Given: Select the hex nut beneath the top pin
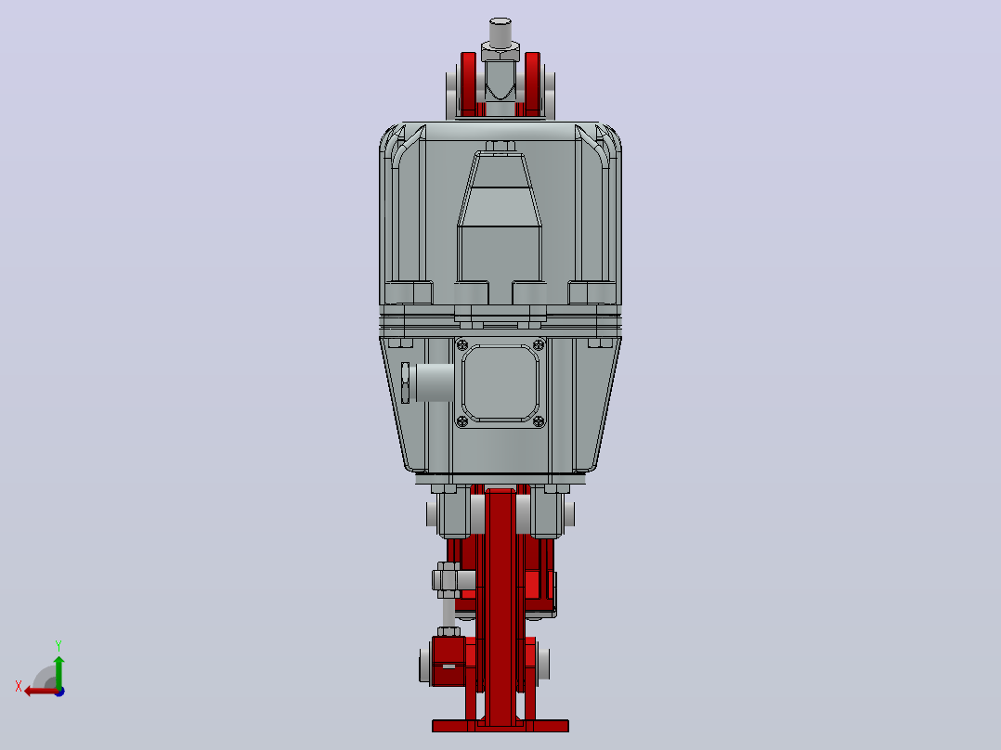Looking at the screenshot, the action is click(500, 51).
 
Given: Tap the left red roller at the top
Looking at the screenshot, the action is click(468, 84).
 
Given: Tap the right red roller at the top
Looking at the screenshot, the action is click(532, 84).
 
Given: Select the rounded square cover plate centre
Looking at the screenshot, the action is click(500, 383).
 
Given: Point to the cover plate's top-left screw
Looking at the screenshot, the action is click(463, 345).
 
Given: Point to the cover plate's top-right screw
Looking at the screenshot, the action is click(539, 345).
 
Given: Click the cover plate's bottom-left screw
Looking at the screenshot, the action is click(463, 420).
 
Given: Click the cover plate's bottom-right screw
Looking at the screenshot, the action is click(539, 420).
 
